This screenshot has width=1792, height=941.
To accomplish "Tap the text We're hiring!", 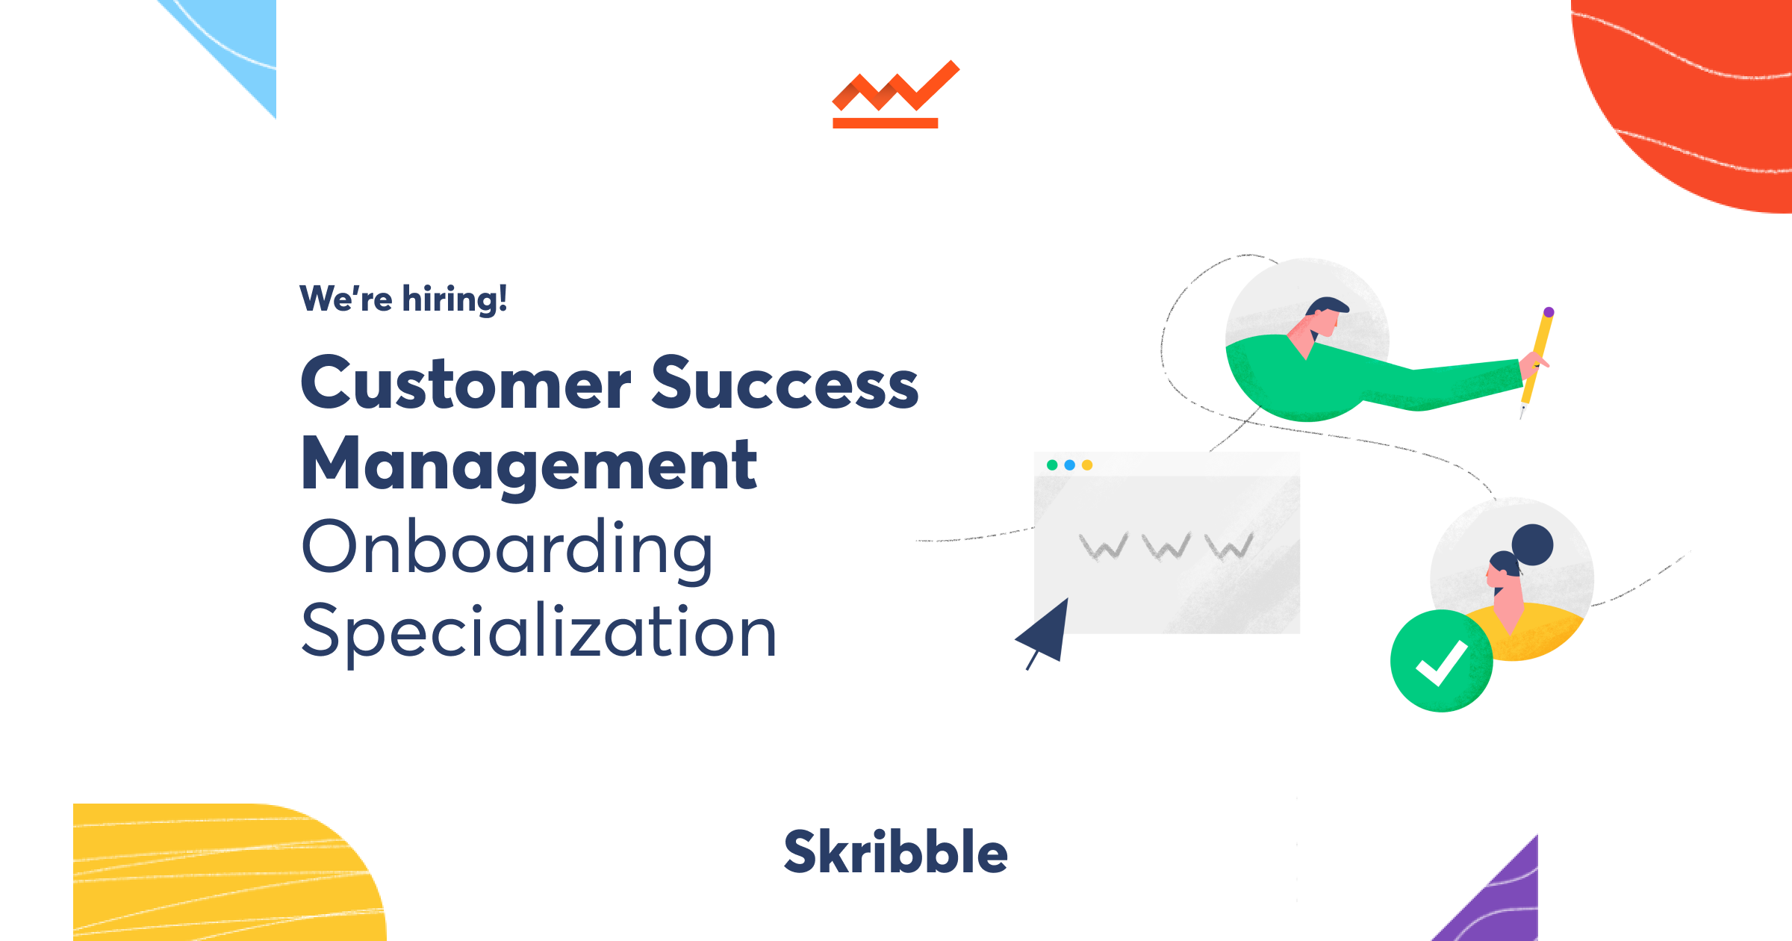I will tap(403, 299).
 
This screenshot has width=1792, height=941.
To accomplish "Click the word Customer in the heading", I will tap(466, 384).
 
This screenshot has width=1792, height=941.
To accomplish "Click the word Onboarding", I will tap(508, 549).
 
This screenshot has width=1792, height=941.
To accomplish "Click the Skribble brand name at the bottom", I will tap(895, 852).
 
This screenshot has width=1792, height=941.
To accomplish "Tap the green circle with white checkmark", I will tap(1441, 661).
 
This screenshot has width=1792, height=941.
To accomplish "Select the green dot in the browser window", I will tap(1052, 465).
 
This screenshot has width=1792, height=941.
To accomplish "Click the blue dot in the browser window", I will tap(1069, 465).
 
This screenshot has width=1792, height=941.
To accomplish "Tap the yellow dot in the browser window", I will tap(1087, 465).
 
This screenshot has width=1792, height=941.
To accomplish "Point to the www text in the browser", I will tap(1166, 547).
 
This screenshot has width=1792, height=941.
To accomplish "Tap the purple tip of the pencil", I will tap(1549, 312).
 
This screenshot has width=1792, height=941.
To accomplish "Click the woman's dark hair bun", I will tap(1532, 544).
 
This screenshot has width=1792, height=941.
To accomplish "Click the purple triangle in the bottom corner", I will tap(1501, 904).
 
